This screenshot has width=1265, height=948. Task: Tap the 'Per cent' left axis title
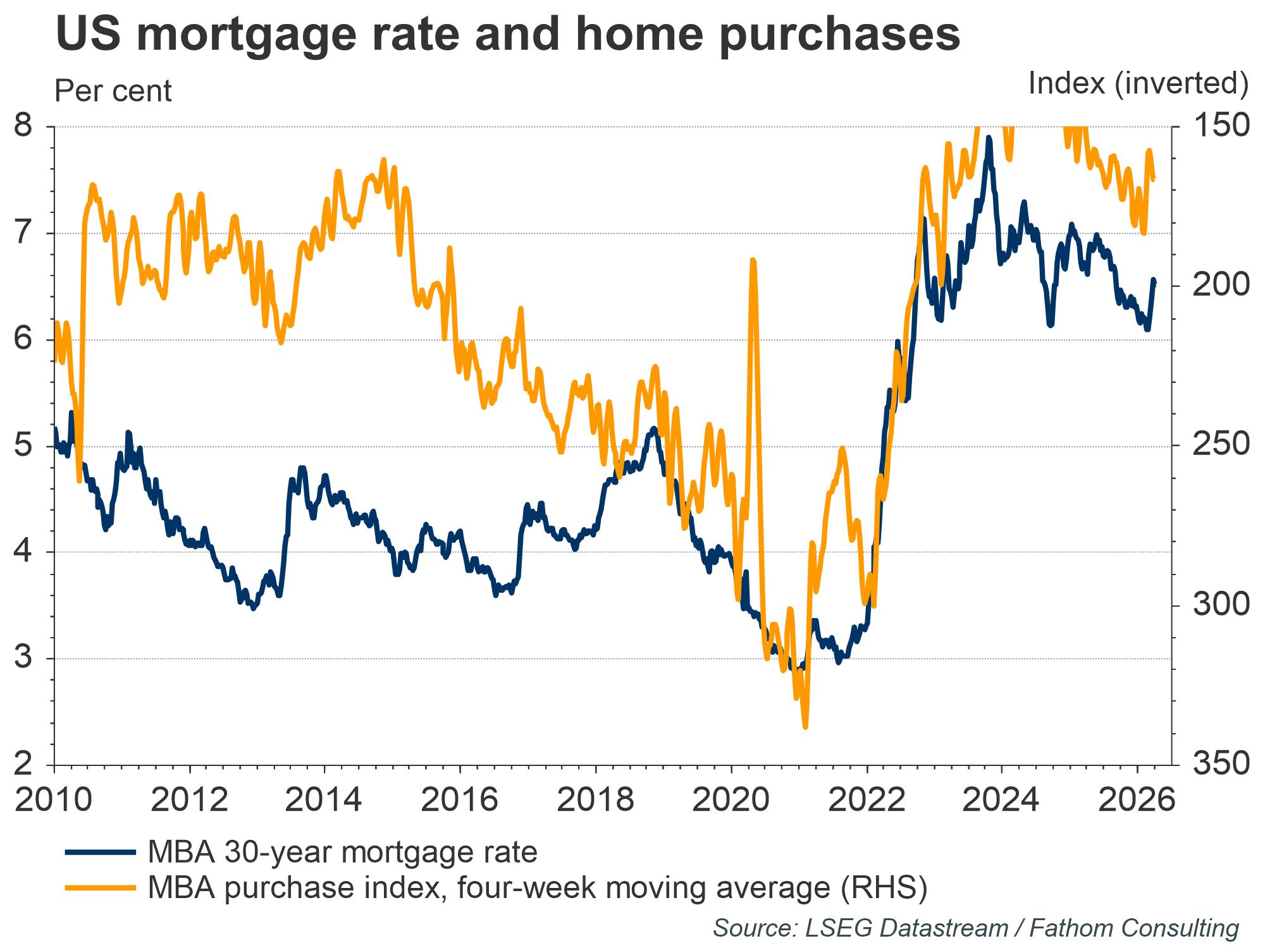(x=113, y=91)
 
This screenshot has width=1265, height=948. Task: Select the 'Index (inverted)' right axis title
(x=1138, y=83)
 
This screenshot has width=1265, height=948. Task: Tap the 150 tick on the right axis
(x=1221, y=126)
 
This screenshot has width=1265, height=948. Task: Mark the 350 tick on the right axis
(x=1221, y=765)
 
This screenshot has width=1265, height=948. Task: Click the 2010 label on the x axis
(x=53, y=800)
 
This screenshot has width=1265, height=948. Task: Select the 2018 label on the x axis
(x=595, y=800)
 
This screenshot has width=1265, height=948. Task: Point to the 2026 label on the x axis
(x=1137, y=800)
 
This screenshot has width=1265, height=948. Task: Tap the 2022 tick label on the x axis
(x=866, y=800)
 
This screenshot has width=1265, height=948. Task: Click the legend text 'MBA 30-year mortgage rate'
(x=342, y=852)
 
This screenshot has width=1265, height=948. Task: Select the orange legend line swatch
(x=101, y=888)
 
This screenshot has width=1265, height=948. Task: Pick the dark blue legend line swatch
(x=101, y=852)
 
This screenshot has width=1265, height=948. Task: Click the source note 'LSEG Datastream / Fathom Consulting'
(x=975, y=928)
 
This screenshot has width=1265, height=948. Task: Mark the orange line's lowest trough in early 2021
(x=805, y=727)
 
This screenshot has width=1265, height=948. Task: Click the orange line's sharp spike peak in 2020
(x=752, y=260)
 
